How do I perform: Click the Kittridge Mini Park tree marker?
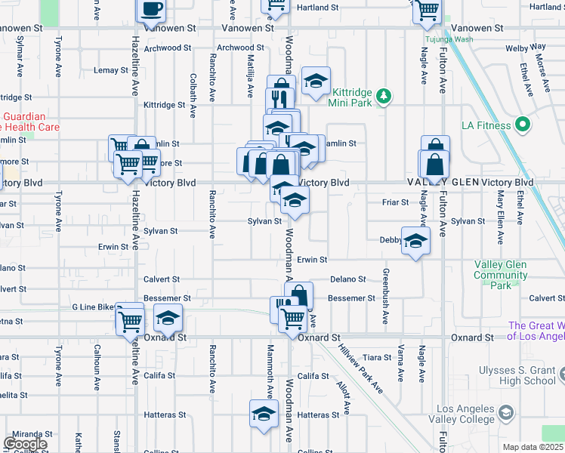384,96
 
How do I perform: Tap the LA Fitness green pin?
522,125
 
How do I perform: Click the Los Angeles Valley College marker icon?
504,413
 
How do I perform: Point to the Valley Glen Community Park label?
501,275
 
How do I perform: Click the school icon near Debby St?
415,241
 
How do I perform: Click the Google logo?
25,443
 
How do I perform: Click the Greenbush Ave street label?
385,296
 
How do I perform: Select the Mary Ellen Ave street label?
500,219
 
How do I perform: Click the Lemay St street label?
111,70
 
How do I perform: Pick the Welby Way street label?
526,48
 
